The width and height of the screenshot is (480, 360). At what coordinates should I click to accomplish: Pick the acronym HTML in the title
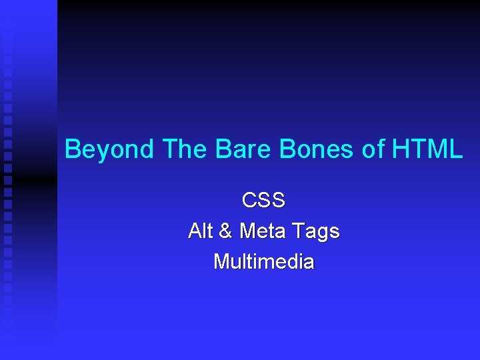pos(427,149)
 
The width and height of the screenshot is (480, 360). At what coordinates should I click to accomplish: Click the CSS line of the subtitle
pos(263,200)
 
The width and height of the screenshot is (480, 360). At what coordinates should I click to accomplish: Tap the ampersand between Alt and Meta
pos(226,231)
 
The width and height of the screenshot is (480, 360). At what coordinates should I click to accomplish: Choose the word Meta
pos(263,231)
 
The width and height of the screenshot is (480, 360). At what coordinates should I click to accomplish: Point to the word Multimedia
pos(263,262)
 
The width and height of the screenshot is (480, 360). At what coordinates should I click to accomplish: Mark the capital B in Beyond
pos(72,149)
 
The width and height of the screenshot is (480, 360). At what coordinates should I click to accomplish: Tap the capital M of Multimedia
pos(221,262)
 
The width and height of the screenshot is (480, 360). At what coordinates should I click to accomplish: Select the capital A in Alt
pos(195,231)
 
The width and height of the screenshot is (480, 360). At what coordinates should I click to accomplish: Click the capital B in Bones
pos(287,149)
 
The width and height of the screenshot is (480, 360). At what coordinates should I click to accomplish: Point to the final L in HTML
pos(456,149)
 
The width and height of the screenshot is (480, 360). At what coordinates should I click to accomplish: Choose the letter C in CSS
pos(249,200)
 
